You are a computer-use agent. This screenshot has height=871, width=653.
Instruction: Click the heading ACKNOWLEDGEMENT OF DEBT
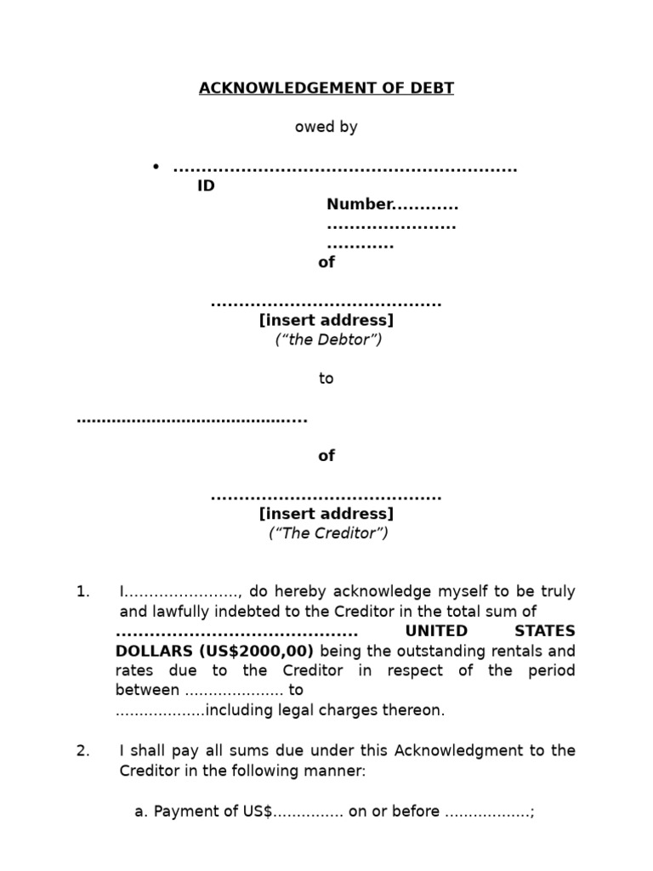coord(326,88)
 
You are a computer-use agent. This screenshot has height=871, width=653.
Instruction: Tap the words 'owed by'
coord(326,127)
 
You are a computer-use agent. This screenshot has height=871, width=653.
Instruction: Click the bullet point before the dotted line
coord(156,166)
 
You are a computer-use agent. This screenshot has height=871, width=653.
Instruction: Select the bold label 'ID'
coord(206,186)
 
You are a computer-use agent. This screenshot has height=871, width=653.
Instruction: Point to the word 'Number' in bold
coord(360,204)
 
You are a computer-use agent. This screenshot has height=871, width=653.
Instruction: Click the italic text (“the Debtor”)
coord(327,339)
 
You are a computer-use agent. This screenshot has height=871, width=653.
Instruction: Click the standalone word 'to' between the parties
coord(326,379)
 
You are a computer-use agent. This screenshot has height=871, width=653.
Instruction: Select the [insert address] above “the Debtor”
coord(326,321)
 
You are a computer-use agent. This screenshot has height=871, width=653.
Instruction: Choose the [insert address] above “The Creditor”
coord(326,514)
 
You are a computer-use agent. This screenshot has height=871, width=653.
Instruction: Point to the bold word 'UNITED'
coord(436,631)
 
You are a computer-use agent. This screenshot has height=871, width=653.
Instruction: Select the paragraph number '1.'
coord(82,591)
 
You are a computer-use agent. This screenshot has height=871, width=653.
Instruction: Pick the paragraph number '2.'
coord(82,750)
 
